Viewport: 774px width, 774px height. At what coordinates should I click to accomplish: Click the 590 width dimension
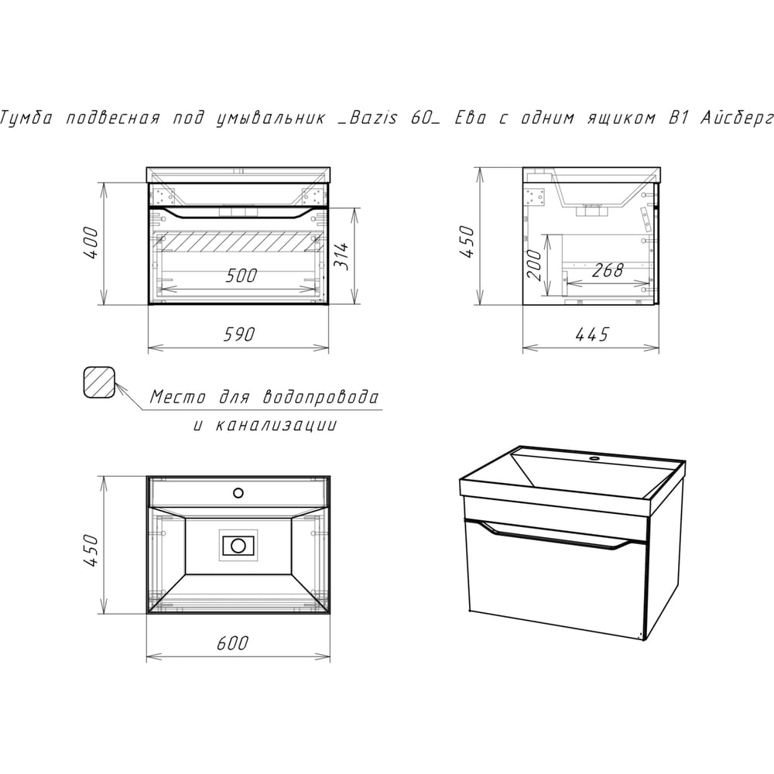[x=239, y=334]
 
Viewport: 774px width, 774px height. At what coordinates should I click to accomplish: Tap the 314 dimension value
[x=341, y=255]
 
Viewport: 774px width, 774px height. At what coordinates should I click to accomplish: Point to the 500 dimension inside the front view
[x=241, y=276]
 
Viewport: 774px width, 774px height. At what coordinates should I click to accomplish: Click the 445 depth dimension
[x=592, y=334]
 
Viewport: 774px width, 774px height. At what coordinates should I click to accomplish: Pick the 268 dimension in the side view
[x=608, y=270]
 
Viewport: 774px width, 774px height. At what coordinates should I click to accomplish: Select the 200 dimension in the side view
[x=535, y=264]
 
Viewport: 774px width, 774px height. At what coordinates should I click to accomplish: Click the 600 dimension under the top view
[x=232, y=642]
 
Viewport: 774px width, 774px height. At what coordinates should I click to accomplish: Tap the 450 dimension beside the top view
[x=91, y=550]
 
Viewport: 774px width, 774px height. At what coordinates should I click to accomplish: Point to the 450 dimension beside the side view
[x=467, y=241]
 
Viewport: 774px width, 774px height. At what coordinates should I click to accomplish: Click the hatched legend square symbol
[x=99, y=382]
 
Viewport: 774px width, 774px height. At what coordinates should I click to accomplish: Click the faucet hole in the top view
[x=238, y=492]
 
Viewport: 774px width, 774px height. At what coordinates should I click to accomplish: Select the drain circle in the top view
[x=238, y=546]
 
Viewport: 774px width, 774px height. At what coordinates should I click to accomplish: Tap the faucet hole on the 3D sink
[x=594, y=460]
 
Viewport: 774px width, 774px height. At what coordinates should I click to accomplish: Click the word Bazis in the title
[x=373, y=118]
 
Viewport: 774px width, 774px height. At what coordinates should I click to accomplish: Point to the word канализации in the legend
[x=276, y=425]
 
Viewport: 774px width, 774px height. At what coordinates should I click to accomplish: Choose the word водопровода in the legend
[x=321, y=396]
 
